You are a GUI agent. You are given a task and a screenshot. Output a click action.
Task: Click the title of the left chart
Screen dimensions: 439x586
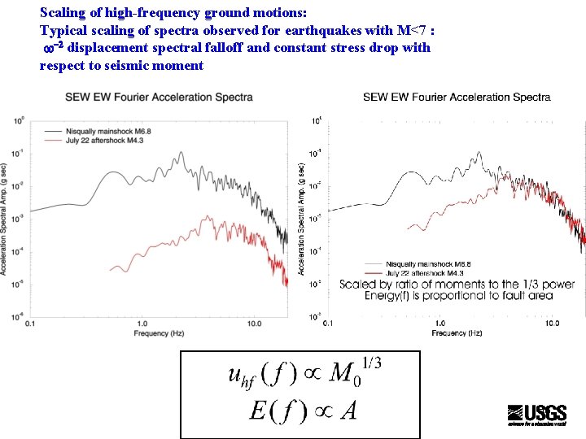coord(159,98)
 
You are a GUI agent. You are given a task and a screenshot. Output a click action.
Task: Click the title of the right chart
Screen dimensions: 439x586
coord(457,98)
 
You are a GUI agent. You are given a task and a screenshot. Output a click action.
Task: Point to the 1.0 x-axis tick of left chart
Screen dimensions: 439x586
coord(142,324)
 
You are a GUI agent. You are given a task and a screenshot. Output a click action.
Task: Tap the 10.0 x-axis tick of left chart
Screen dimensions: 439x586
coord(254,324)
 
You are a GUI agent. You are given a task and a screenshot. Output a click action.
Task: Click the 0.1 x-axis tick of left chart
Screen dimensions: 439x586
coord(31,324)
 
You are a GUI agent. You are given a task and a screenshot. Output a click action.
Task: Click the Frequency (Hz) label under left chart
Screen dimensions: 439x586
coord(160,333)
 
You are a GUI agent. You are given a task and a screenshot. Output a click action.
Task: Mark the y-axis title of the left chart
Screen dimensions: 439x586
coord(5,219)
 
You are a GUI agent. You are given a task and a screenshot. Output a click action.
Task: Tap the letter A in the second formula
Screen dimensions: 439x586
coord(348,411)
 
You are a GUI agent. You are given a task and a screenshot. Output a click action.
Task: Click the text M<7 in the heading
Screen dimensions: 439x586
coord(415,30)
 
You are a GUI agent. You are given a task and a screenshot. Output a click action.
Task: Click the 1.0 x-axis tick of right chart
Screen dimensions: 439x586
coord(439,324)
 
